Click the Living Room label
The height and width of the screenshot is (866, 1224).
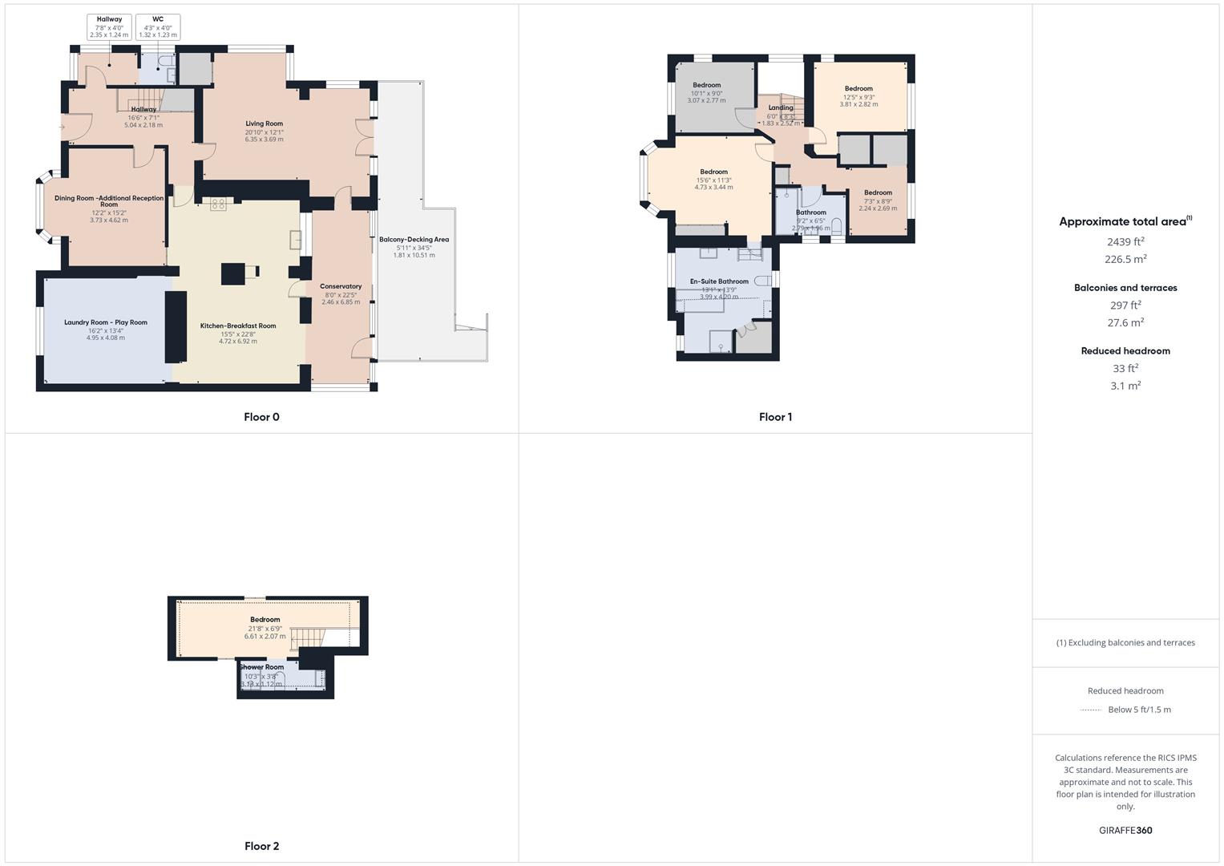click(264, 124)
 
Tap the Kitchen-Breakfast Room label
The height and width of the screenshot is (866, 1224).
click(238, 326)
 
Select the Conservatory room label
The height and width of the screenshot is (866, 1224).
click(341, 286)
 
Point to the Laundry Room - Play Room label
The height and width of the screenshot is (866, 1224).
click(106, 322)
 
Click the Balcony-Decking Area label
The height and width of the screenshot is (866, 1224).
click(414, 240)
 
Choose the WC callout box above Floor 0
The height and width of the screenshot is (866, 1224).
click(158, 27)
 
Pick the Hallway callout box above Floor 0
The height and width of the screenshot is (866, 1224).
click(109, 27)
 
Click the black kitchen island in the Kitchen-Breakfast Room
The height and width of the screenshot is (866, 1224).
click(233, 274)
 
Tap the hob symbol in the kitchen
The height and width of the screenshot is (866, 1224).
click(218, 205)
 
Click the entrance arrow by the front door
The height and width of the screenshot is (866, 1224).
click(63, 127)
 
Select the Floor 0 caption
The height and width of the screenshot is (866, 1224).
click(261, 417)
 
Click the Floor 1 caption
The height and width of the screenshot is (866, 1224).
click(775, 417)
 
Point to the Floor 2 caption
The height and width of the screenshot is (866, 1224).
click(261, 846)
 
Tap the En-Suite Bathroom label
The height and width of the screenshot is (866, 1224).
click(719, 281)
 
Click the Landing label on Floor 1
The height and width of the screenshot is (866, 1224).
click(780, 107)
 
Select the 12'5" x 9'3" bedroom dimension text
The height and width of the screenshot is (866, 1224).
click(858, 97)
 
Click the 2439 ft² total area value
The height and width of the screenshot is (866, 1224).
click(1125, 241)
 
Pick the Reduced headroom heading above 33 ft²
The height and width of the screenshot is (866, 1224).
click(1125, 350)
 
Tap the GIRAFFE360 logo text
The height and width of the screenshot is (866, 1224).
click(1125, 831)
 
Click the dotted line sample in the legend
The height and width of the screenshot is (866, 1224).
click(1091, 710)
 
